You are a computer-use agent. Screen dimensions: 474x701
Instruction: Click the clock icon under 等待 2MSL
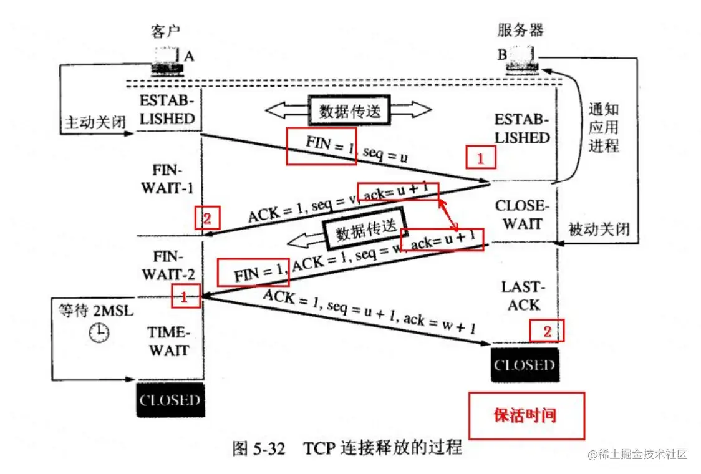pyautogui.click(x=98, y=333)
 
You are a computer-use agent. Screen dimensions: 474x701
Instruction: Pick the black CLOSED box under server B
pyautogui.click(x=525, y=365)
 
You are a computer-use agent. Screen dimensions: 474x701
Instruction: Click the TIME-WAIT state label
pyautogui.click(x=169, y=341)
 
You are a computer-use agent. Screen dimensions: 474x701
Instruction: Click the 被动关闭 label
pyautogui.click(x=599, y=230)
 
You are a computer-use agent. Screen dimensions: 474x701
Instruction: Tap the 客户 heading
pyautogui.click(x=167, y=30)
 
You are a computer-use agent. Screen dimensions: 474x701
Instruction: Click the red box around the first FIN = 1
pyautogui.click(x=321, y=146)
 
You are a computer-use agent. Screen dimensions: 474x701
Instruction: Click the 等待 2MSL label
pyautogui.click(x=94, y=312)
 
